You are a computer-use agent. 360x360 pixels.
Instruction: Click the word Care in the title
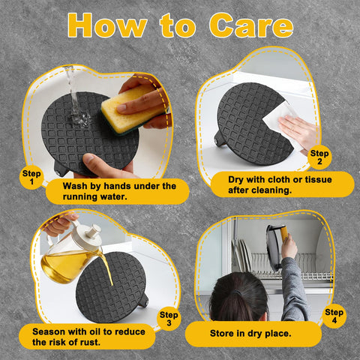click(x=251, y=25)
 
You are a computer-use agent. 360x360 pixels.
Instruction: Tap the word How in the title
click(x=107, y=25)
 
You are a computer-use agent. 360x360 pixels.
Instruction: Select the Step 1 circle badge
click(x=31, y=177)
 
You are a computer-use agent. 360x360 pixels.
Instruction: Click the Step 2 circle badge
click(x=319, y=157)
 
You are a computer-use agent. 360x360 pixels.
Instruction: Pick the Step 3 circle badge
click(x=169, y=319)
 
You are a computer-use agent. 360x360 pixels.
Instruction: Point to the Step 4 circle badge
click(x=334, y=316)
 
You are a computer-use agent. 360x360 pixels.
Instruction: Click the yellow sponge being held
click(x=133, y=110)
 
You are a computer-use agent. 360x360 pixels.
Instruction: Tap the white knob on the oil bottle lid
click(x=94, y=231)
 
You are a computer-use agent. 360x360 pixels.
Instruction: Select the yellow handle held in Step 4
click(x=284, y=233)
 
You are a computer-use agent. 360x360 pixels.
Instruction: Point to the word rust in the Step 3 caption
click(x=91, y=342)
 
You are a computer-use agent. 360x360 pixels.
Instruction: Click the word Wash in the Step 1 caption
click(x=75, y=186)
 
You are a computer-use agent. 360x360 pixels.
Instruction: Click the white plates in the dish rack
click(x=242, y=254)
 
